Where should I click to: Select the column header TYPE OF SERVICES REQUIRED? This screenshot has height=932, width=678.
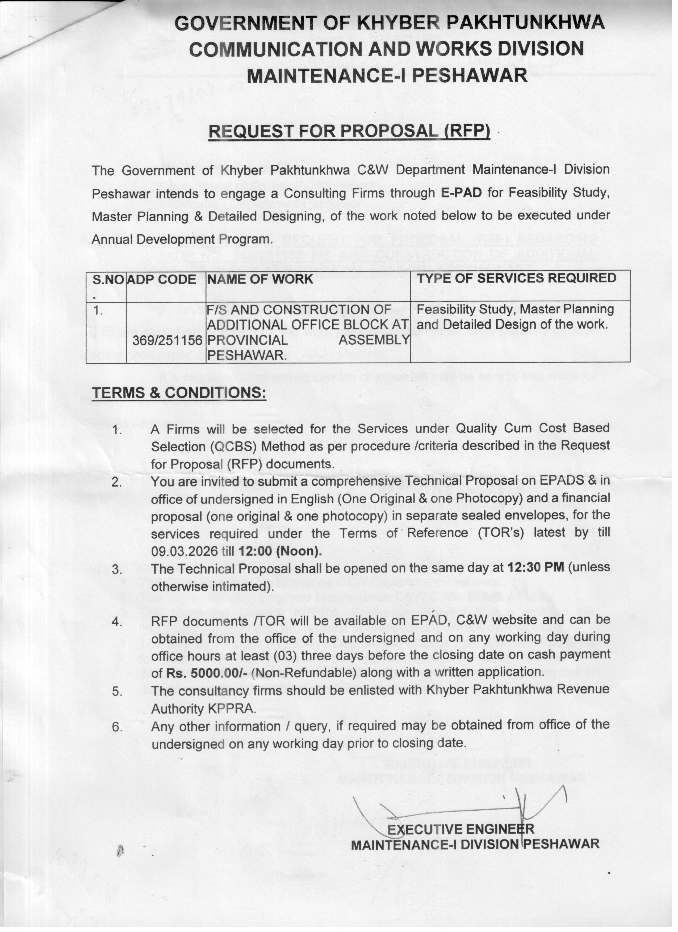(516, 278)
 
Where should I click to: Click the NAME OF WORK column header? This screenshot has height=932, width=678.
(260, 279)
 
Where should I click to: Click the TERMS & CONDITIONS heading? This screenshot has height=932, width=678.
(179, 393)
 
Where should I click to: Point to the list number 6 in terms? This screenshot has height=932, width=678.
(117, 727)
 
